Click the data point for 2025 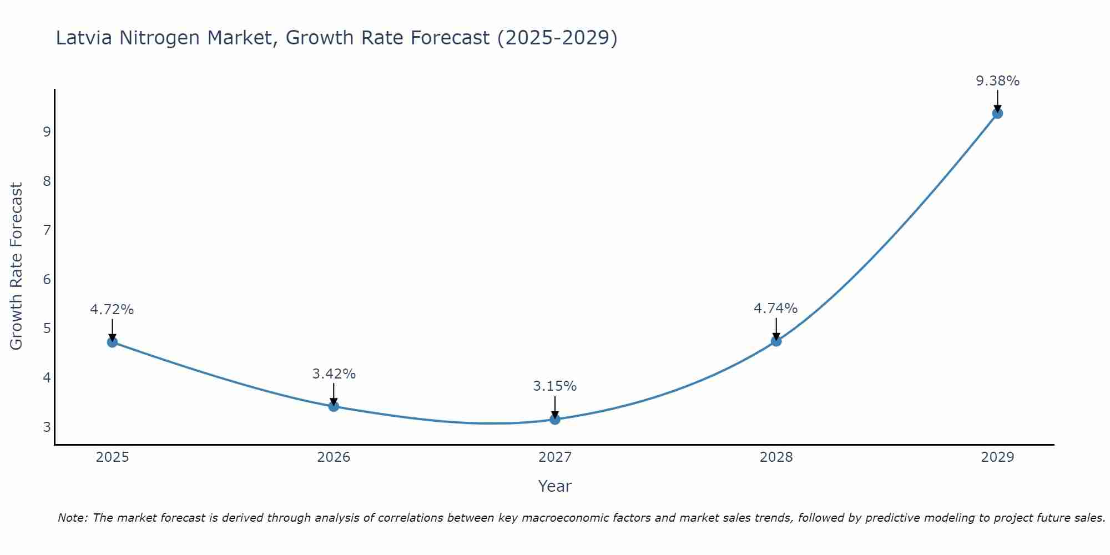pyautogui.click(x=112, y=342)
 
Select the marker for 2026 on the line pyautogui.click(x=334, y=406)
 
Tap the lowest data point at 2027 pyautogui.click(x=555, y=420)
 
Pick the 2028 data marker pyautogui.click(x=776, y=341)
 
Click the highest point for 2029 pyautogui.click(x=997, y=113)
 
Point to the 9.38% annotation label pyautogui.click(x=997, y=81)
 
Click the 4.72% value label pyautogui.click(x=112, y=310)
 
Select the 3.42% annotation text pyautogui.click(x=334, y=374)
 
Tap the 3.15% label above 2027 pyautogui.click(x=555, y=386)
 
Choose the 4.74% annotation pyautogui.click(x=775, y=309)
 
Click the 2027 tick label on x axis pyautogui.click(x=555, y=457)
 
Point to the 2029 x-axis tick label pyautogui.click(x=997, y=457)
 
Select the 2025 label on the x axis pyautogui.click(x=112, y=457)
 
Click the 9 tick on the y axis pyautogui.click(x=47, y=132)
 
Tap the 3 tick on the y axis pyautogui.click(x=47, y=427)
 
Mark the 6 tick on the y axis pyautogui.click(x=47, y=280)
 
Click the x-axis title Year pyautogui.click(x=555, y=486)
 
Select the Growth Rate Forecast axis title pyautogui.click(x=17, y=266)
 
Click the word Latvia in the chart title pyautogui.click(x=84, y=38)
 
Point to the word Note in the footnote pyautogui.click(x=72, y=518)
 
